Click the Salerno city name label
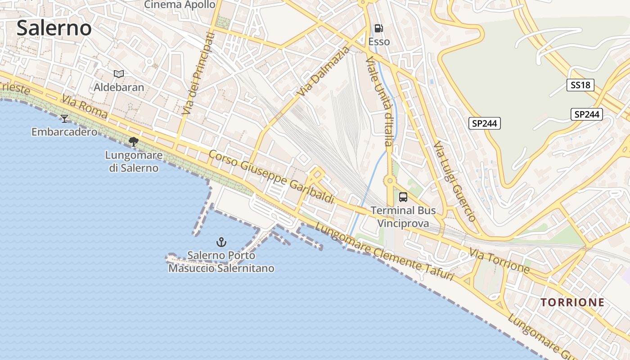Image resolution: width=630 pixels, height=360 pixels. coord(54,28)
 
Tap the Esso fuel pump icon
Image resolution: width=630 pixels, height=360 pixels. coord(379,28)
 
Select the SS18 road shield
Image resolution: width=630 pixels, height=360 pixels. coord(580,85)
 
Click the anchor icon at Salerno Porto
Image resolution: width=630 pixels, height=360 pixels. coord(221,242)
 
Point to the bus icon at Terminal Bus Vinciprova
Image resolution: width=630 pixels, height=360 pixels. coord(403,197)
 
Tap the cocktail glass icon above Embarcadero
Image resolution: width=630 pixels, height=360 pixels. coord(64,118)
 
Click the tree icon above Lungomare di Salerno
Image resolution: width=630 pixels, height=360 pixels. coord(133,142)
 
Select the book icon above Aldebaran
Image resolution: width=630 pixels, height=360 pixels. coord(119,74)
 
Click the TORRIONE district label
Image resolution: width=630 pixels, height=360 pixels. coord(572,302)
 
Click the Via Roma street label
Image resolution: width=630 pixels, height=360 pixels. coord(85,107)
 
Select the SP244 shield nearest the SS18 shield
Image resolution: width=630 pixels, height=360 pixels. coord(587,114)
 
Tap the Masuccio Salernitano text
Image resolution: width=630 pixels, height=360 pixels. coord(221,269)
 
